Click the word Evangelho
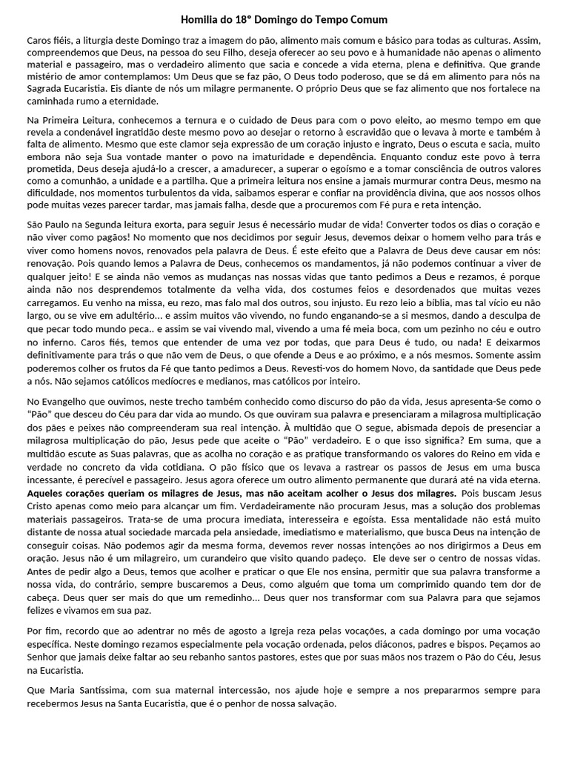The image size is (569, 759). tap(64, 401)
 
